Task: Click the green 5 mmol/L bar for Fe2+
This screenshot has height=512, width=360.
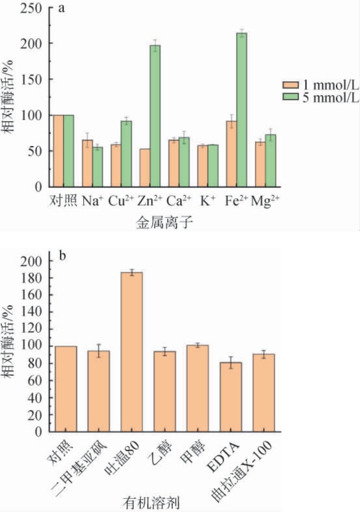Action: (x=242, y=110)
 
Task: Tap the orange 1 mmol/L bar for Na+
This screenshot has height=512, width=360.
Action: (x=87, y=163)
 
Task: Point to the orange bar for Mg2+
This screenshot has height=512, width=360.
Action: (x=260, y=164)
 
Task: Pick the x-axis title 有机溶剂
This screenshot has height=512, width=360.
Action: (x=157, y=503)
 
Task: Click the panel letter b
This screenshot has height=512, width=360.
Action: (x=62, y=256)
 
